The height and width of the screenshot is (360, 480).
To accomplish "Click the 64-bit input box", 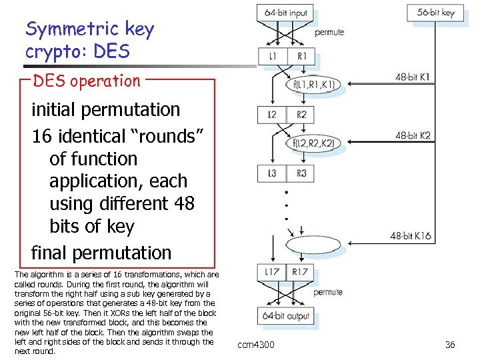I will (286, 13).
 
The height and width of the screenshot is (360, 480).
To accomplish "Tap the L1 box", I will (272, 57).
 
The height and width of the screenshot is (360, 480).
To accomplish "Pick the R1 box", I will (301, 57).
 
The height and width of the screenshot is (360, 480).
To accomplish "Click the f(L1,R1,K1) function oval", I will (313, 85).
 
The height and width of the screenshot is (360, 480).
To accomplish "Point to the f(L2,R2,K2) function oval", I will (313, 143).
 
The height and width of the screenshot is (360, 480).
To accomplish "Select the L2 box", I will (272, 115).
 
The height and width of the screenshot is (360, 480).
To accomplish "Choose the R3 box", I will (301, 173).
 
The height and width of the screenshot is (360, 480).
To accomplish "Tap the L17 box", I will (272, 271).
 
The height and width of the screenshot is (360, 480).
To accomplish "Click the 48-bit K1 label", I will (413, 77).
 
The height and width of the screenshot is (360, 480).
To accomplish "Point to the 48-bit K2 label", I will (413, 136).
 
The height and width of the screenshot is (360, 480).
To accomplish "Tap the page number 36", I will (450, 345).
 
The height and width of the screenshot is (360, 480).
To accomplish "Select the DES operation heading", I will (87, 81).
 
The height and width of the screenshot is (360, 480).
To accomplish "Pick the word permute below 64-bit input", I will (329, 32).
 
